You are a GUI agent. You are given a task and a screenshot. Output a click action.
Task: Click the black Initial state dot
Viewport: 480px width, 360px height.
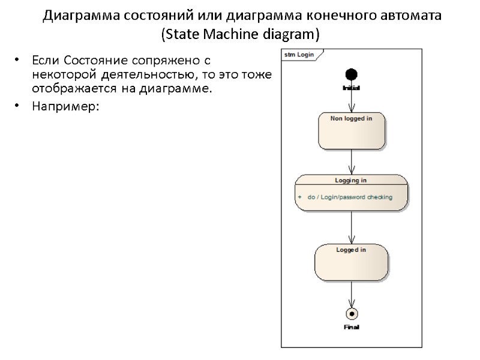[x=351, y=74]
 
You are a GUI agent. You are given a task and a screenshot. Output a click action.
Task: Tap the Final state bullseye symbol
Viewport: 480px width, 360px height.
[x=352, y=313]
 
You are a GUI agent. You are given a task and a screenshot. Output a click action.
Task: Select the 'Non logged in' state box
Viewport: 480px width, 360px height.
[x=352, y=131]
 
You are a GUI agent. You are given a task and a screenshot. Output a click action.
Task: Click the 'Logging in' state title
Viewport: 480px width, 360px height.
[x=351, y=180]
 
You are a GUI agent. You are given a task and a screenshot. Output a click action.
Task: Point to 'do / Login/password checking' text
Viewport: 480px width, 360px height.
[x=350, y=197]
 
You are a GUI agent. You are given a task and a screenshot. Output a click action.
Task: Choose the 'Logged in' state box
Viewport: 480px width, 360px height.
[x=351, y=262]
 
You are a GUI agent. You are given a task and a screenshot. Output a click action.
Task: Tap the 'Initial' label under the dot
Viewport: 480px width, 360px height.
[x=351, y=88]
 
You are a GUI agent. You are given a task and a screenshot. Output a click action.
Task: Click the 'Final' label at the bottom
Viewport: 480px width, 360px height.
[x=352, y=327]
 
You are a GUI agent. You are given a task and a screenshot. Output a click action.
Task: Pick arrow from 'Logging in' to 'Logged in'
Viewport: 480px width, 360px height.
[x=351, y=227]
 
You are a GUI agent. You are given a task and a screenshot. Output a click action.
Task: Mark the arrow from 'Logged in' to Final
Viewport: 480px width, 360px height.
[x=351, y=294]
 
